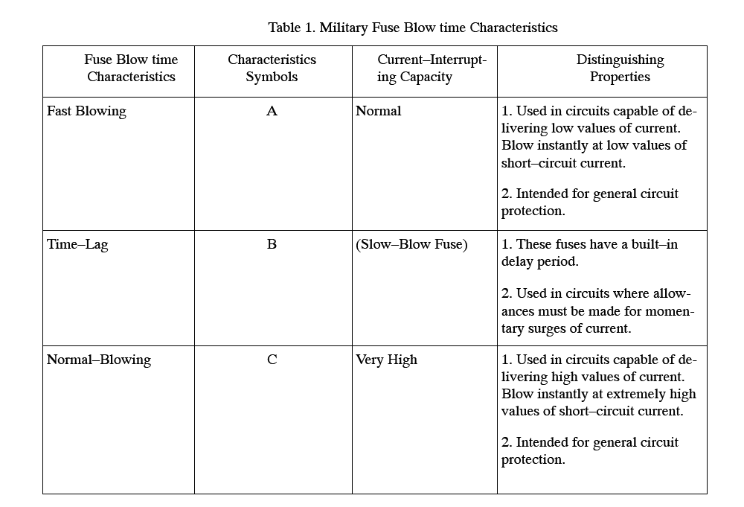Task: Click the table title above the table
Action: tap(413, 28)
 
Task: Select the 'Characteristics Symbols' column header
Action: tap(272, 68)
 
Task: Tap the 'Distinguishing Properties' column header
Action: tap(620, 68)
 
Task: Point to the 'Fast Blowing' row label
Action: tap(86, 111)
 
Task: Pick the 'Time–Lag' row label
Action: tap(77, 244)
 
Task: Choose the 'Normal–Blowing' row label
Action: tap(99, 360)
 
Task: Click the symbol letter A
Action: tap(272, 111)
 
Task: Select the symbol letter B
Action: tap(272, 244)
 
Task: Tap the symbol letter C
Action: tap(272, 360)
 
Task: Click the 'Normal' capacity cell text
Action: tap(378, 111)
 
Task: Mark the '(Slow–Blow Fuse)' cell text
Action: tap(411, 244)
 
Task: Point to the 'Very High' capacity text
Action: tap(386, 360)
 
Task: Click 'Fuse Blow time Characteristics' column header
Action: tap(131, 68)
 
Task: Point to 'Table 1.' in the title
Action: tap(292, 28)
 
